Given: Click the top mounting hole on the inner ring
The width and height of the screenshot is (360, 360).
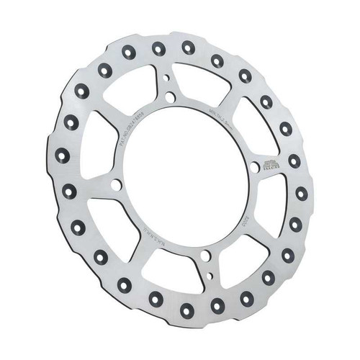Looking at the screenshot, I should tap(170, 96).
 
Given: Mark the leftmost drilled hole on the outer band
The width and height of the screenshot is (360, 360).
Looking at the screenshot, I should tap(61, 156).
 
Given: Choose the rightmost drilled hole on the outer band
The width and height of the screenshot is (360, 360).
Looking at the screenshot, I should tap(301, 193).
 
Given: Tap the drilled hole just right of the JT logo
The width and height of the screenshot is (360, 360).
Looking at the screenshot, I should tap(294, 161).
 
